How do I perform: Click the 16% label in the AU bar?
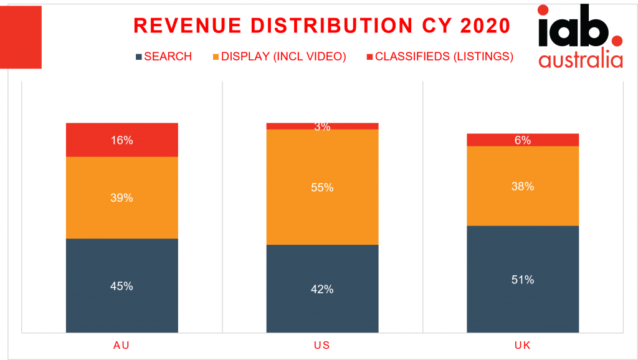pos(121,141)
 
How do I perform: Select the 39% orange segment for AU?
pos(121,197)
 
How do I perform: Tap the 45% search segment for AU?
pos(121,286)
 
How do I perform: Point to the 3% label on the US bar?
pos(322,126)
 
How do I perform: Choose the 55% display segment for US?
pos(322,187)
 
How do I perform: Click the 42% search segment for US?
pos(322,289)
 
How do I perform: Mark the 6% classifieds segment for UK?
pos(523,140)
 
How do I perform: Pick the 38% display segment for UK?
pos(523,186)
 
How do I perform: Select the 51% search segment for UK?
pos(523,280)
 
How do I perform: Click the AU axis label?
pos(121,345)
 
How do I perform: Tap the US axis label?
pos(322,345)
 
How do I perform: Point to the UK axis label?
pos(523,345)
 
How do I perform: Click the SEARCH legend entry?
pos(164,57)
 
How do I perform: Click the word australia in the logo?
pos(581,60)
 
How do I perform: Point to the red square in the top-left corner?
pos(21,37)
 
